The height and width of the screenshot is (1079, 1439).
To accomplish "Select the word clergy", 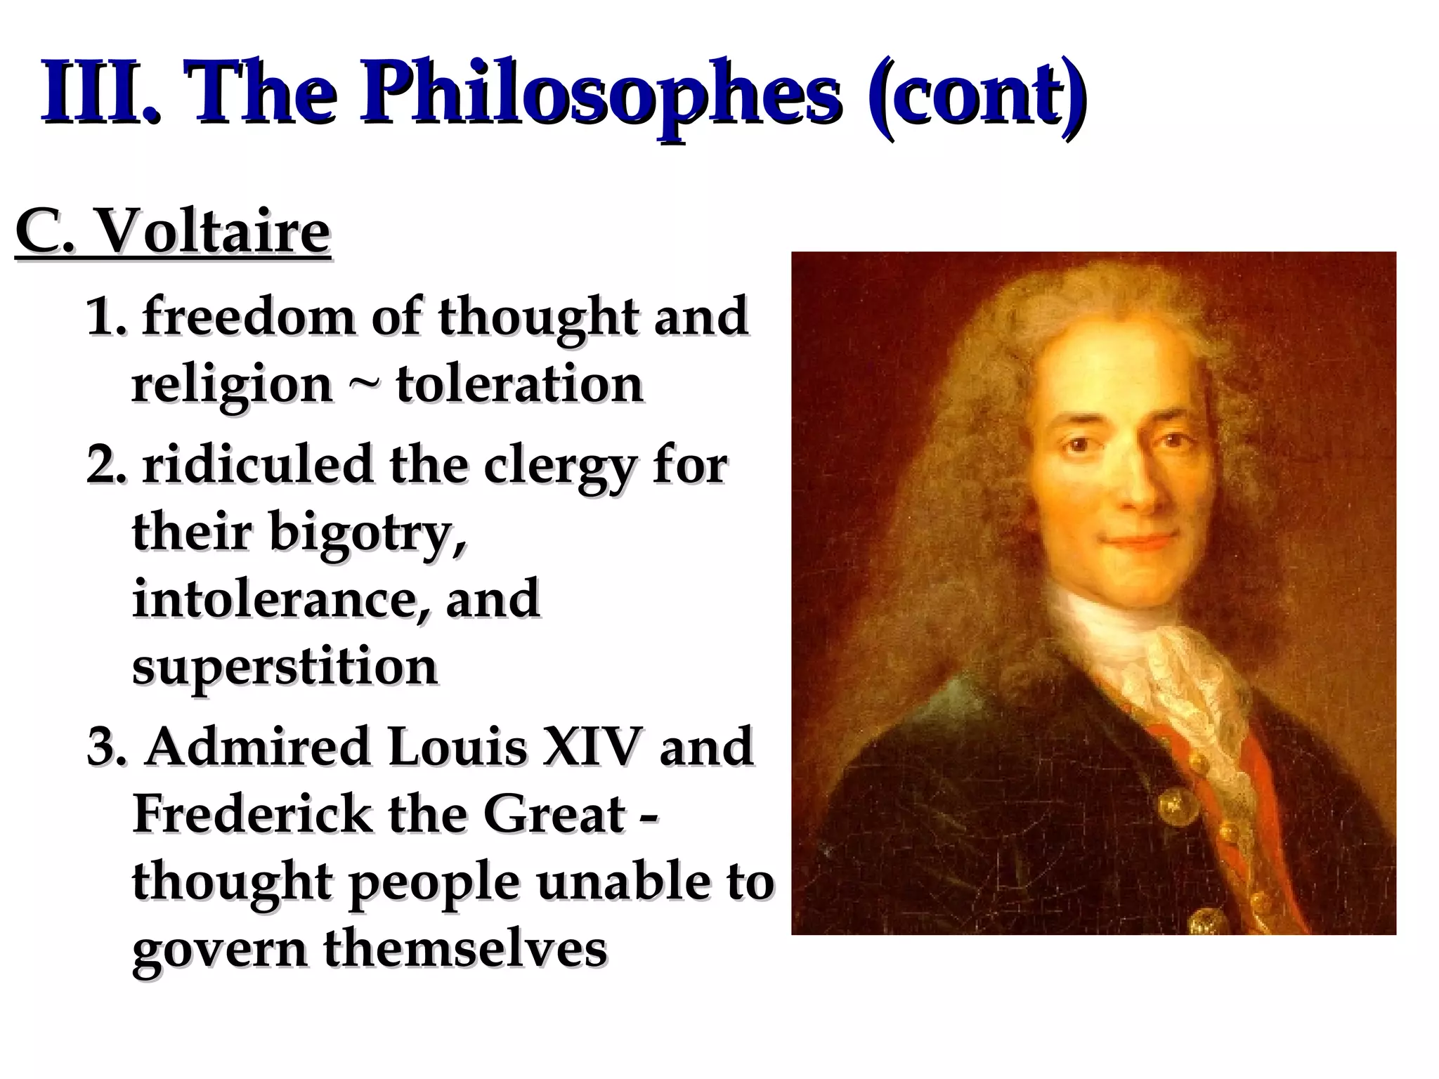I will [559, 467].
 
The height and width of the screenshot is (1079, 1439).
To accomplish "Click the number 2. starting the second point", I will [105, 467].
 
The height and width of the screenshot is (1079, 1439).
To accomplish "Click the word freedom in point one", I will [249, 318].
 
